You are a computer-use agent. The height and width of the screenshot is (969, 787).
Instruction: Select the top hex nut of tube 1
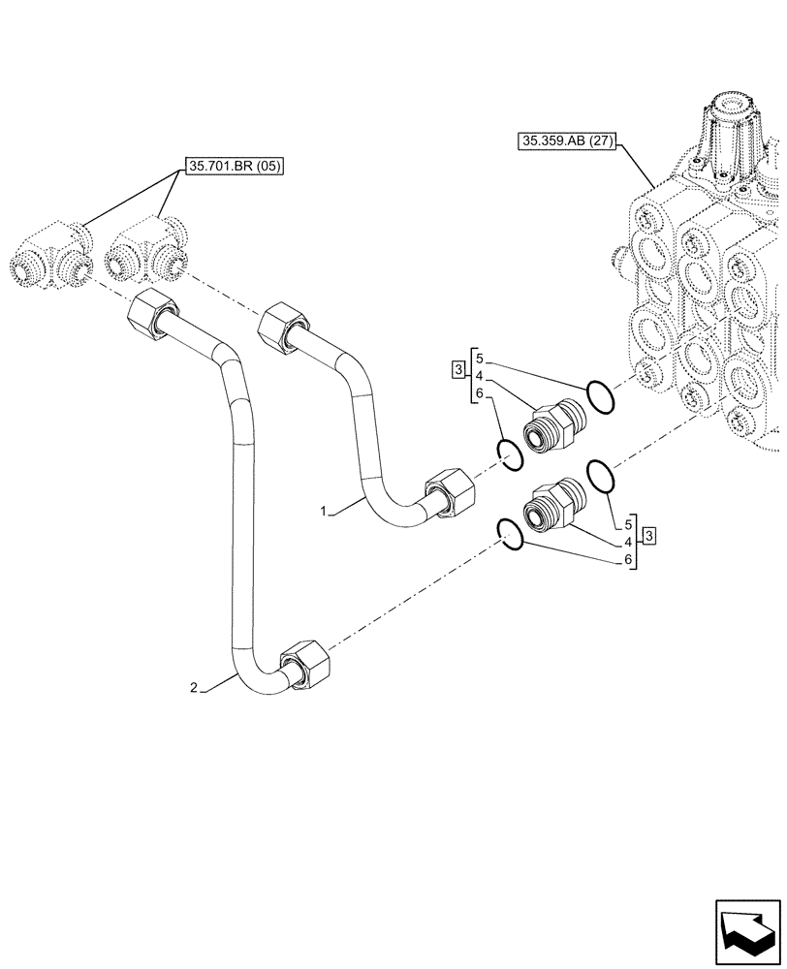pyautogui.click(x=281, y=325)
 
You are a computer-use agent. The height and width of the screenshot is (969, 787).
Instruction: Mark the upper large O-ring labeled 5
pyautogui.click(x=600, y=398)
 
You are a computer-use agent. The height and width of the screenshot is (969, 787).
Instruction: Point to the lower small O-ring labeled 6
pyautogui.click(x=510, y=531)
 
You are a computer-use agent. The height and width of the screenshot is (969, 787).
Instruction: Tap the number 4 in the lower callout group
pyautogui.click(x=629, y=541)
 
